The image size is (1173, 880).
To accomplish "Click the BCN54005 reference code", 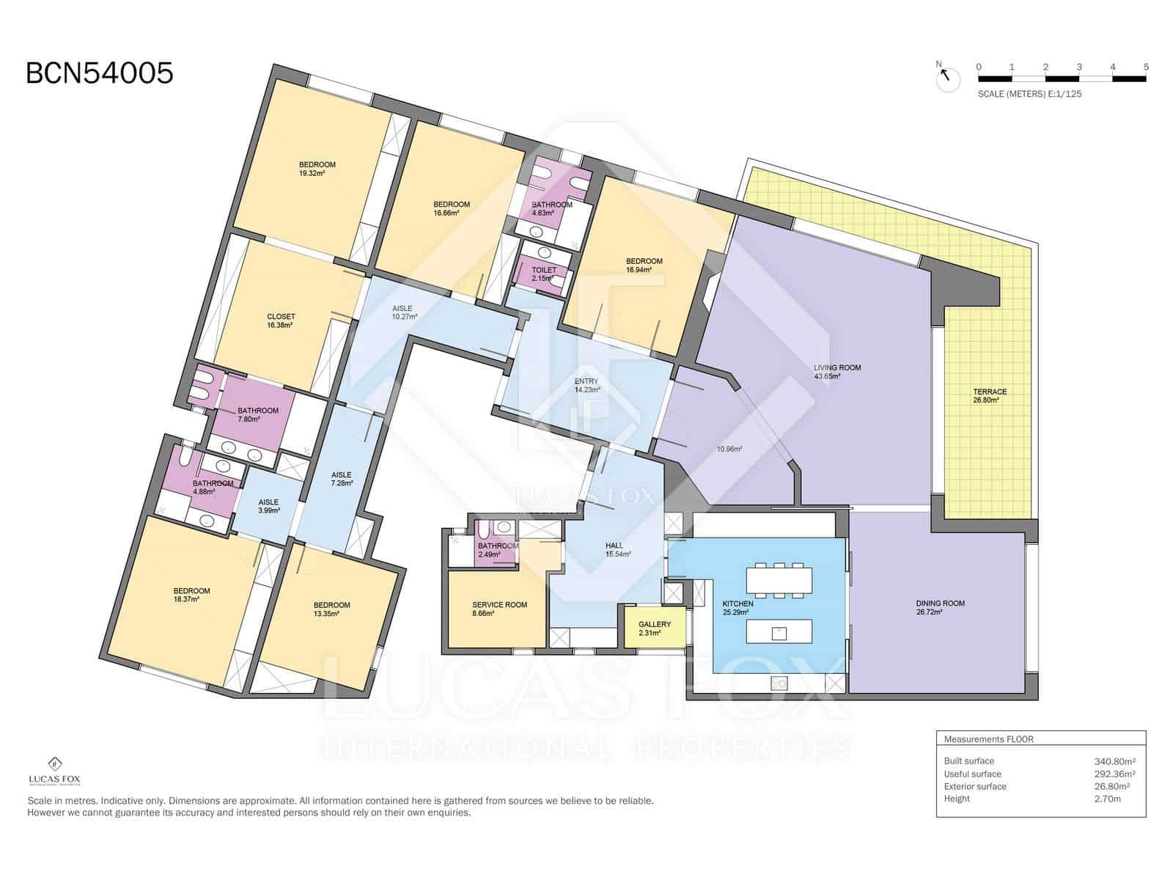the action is point(100,73).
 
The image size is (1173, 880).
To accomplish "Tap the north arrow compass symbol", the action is point(947,78).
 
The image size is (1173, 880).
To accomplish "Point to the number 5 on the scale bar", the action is point(1146,67).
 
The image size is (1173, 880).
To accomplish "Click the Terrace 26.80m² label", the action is point(990,395).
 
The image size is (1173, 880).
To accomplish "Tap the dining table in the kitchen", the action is point(779,580).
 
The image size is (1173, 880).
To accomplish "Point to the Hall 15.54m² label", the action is point(618,550).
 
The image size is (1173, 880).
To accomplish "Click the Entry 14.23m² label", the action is point(586,385).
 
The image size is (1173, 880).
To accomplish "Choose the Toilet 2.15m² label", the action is point(544,274).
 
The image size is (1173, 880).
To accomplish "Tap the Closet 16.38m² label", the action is point(281,320).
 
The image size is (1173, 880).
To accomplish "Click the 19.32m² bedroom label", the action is point(317,169).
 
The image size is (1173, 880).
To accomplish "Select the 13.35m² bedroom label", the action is point(331,609).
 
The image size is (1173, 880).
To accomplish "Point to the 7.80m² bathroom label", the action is point(257,414).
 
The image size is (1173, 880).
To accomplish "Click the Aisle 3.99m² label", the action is point(268,506).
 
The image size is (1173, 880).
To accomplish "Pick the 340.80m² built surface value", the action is point(1115,761).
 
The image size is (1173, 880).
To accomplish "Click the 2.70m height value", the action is point(1107,799).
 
